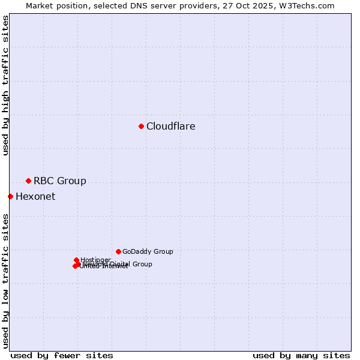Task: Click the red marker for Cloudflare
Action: (x=141, y=126)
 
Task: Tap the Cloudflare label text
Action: (x=171, y=127)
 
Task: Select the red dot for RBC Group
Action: (x=28, y=181)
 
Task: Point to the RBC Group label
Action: (x=60, y=181)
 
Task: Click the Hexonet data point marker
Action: (x=10, y=196)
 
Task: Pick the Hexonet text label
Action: (x=35, y=197)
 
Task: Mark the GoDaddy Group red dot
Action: (x=118, y=251)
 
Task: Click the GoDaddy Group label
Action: (x=148, y=252)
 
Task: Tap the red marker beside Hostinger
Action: (x=76, y=260)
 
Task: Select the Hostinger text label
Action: (x=96, y=260)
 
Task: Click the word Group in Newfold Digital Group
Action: (x=142, y=264)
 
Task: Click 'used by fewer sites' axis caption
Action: (x=62, y=355)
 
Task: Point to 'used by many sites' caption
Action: (x=301, y=355)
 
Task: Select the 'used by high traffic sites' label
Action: (x=6, y=85)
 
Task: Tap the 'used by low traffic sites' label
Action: (x=6, y=280)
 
